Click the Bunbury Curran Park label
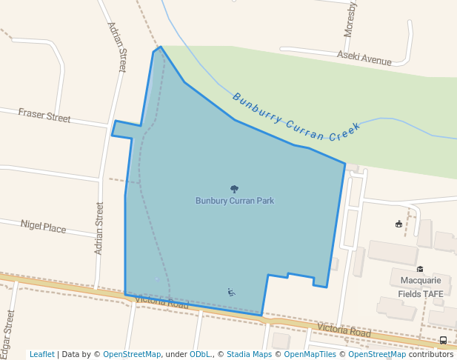point(234,201)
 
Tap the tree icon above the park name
point(235,190)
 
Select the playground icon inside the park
point(232,292)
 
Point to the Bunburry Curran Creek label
point(296,117)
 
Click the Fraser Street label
point(44,115)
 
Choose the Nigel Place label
point(43,227)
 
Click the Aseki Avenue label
point(364,59)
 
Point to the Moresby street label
point(350,19)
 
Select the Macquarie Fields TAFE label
point(420,287)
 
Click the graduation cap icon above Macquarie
point(420,269)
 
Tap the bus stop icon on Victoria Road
point(443,340)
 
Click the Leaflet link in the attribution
point(42,354)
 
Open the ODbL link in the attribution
point(200,354)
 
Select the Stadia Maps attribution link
point(249,354)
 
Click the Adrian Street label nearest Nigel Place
point(99,228)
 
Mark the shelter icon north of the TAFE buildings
point(398,224)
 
